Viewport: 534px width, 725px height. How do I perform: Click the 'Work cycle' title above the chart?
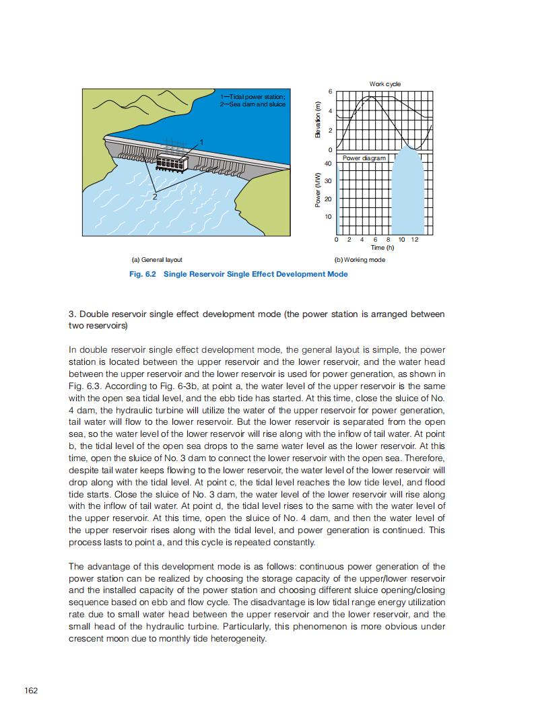coord(385,84)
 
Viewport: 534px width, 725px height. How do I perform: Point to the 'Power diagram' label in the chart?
coord(364,158)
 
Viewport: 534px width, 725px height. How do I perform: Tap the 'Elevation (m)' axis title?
coord(318,120)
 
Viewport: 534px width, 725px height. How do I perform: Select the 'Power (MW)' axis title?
coord(318,191)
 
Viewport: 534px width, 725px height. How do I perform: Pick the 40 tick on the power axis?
coord(328,163)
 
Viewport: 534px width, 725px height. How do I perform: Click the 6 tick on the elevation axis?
coord(329,91)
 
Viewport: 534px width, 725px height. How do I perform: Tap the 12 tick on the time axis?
coord(414,240)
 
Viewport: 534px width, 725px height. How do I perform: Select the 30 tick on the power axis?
coord(328,181)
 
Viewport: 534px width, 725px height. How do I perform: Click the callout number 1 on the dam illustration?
coord(200,141)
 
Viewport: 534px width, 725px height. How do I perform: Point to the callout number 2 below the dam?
coord(154,197)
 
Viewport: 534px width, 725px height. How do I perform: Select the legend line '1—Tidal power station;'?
coord(253,98)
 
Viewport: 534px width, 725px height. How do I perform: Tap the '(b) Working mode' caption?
coord(360,260)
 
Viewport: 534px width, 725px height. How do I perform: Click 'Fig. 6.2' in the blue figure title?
coord(142,274)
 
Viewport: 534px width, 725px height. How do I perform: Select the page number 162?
coord(31,690)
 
